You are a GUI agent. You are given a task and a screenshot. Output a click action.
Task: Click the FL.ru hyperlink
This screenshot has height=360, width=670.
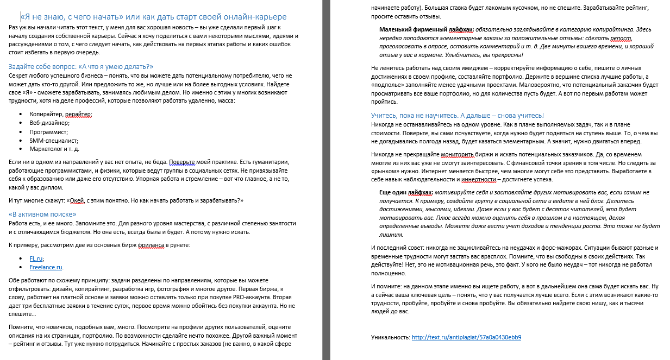[x=36, y=258]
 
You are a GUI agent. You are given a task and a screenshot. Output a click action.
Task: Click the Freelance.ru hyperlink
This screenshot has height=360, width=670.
[x=46, y=267]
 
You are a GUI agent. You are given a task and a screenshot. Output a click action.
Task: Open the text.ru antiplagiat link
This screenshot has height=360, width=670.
[x=466, y=337]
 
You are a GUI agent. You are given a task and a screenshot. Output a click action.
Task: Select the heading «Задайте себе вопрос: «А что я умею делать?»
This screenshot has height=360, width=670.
[x=81, y=66]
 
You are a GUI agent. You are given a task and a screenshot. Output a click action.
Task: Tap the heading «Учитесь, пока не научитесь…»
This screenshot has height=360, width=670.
[x=457, y=116]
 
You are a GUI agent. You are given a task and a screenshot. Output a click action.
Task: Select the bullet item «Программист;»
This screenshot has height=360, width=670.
[x=48, y=131]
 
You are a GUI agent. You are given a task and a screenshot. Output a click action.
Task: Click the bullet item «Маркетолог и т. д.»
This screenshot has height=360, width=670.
[x=54, y=149]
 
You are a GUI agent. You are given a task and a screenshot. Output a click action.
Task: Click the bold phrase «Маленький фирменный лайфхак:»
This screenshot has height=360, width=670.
[x=426, y=29]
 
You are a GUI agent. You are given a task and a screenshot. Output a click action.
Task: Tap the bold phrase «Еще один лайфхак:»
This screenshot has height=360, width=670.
[x=406, y=192]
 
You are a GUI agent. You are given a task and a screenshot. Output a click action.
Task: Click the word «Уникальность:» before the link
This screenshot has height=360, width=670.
[x=390, y=337]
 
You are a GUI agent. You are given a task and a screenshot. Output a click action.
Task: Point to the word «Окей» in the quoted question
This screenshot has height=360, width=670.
[x=80, y=200]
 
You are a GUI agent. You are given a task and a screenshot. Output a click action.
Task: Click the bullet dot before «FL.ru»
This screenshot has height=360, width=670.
[x=21, y=258]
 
